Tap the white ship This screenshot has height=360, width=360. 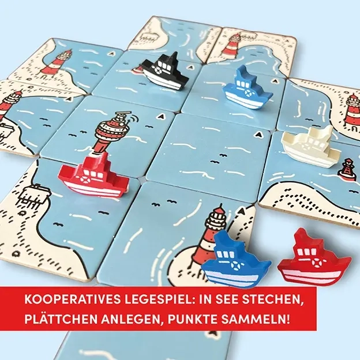[309, 147]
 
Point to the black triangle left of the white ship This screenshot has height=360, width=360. [261, 135]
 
